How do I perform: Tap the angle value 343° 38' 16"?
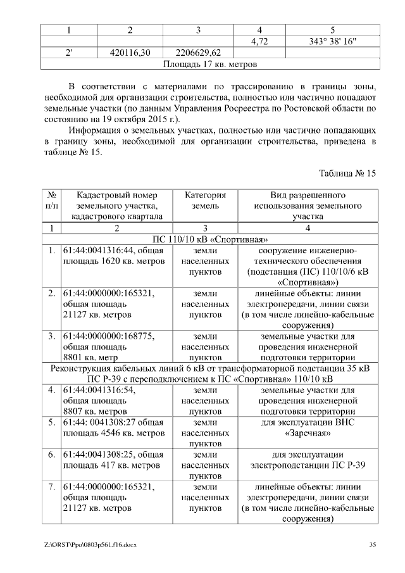pyautogui.click(x=333, y=42)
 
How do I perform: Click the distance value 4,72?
pyautogui.click(x=260, y=42)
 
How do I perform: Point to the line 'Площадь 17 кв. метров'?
pyautogui.click(x=209, y=64)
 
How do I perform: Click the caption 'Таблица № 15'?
pyautogui.click(x=347, y=173)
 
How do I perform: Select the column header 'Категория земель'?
pyautogui.click(x=205, y=201)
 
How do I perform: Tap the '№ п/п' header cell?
pyautogui.click(x=52, y=201)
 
